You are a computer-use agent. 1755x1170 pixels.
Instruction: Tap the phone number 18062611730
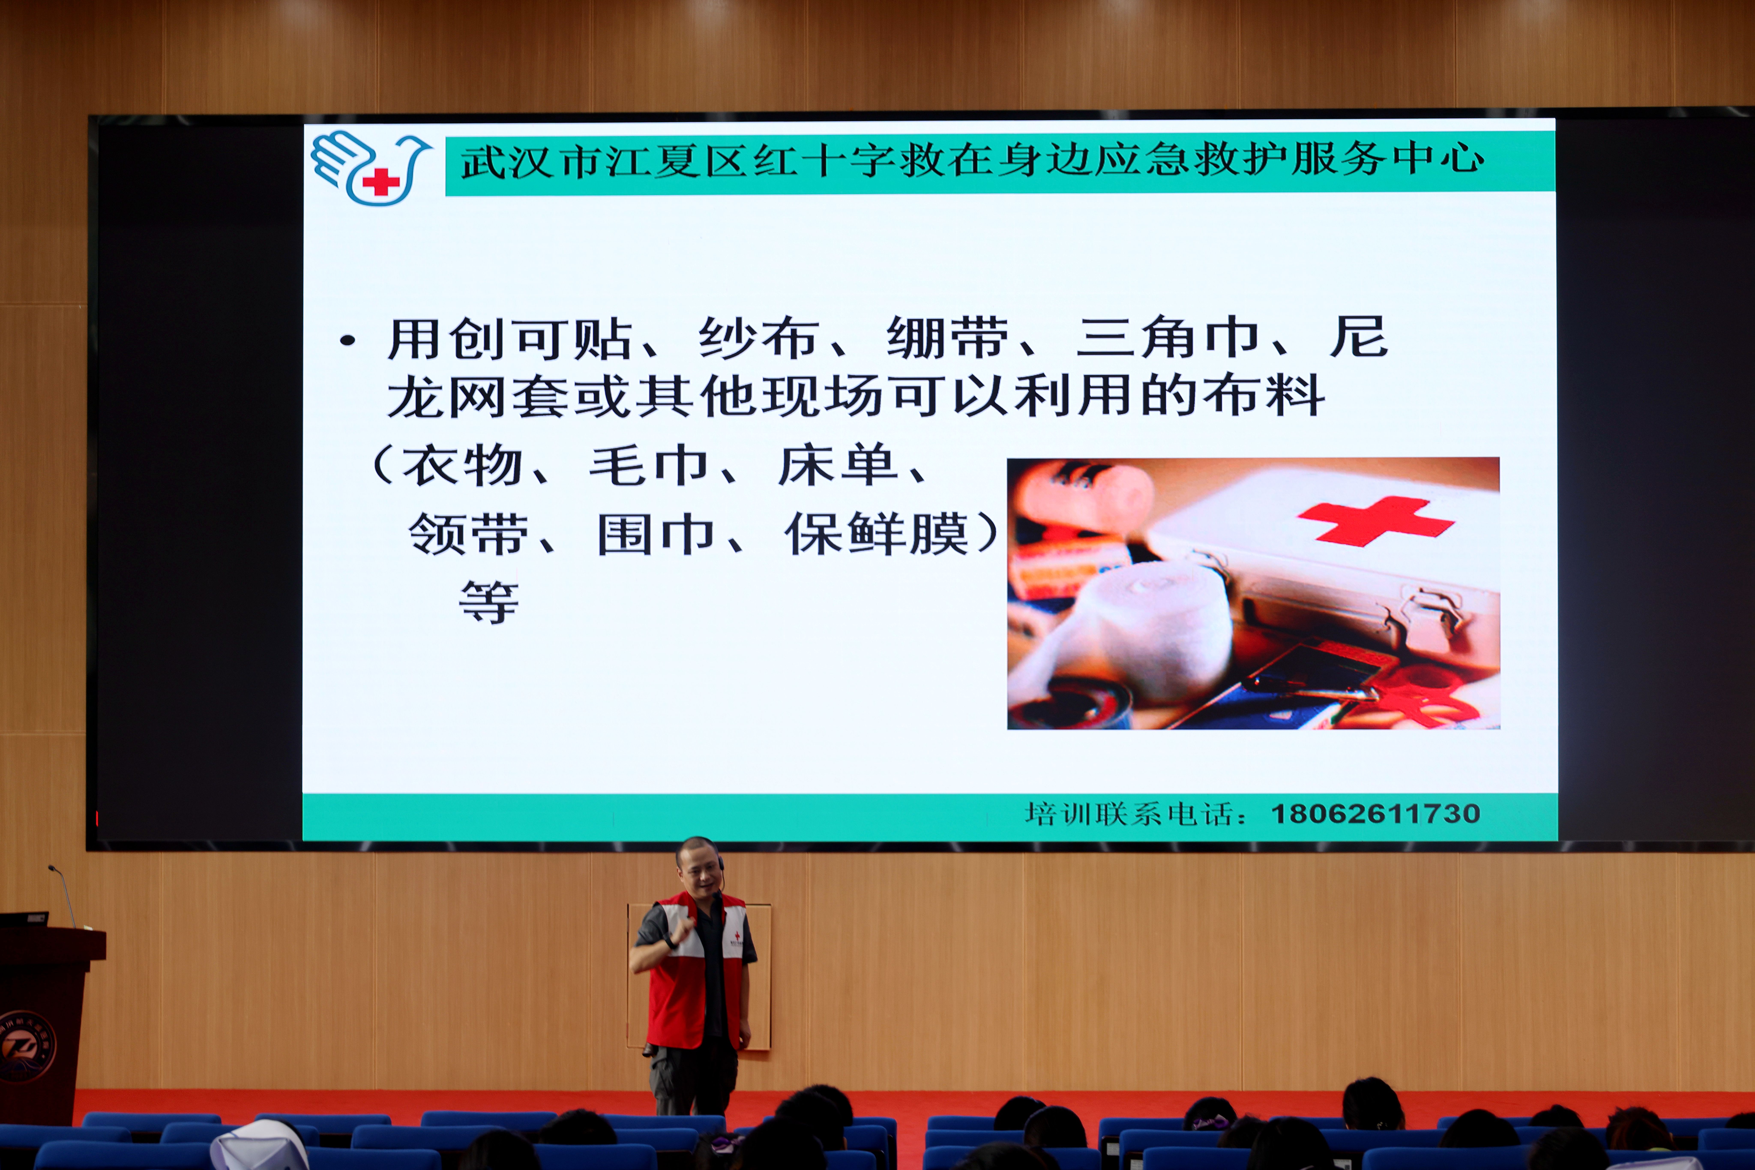coord(1375,813)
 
